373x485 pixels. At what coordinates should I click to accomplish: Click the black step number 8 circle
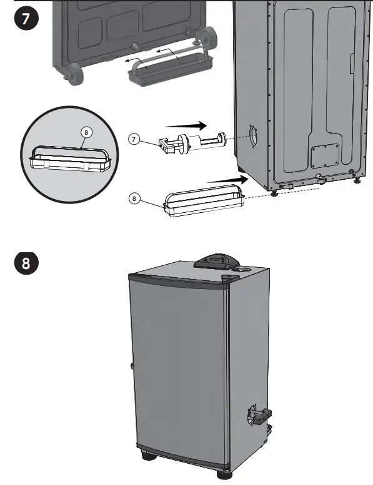point(26,262)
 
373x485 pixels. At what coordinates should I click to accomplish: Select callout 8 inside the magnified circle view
point(86,132)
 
